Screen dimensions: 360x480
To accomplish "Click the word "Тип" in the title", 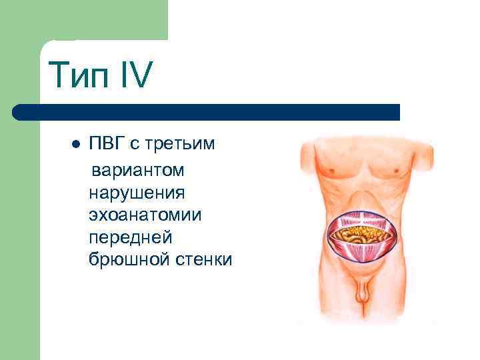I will tap(78, 75).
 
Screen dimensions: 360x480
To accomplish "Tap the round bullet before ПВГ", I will tap(75, 145).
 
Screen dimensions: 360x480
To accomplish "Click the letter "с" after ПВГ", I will tap(145, 145).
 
